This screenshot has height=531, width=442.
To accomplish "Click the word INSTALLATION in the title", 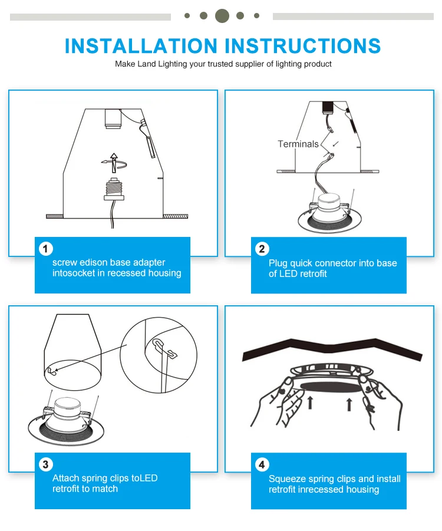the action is (141, 46).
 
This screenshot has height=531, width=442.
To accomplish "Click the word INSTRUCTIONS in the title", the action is (303, 46).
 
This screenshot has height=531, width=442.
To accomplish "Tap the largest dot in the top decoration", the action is (222, 15).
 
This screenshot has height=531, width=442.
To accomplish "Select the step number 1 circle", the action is (45, 249).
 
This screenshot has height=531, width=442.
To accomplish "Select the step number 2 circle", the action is (262, 249).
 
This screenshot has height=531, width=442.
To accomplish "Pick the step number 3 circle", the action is (45, 464).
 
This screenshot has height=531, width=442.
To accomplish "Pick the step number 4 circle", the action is (262, 464).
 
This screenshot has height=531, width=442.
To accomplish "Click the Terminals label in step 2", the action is (298, 144).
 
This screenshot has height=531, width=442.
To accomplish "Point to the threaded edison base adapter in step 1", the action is (114, 189).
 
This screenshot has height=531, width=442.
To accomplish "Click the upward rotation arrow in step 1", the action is (114, 163).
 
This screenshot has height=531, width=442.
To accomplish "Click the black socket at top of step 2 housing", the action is (328, 107).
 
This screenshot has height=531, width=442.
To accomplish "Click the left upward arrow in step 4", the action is (310, 403).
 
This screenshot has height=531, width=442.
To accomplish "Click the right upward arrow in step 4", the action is (349, 405).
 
